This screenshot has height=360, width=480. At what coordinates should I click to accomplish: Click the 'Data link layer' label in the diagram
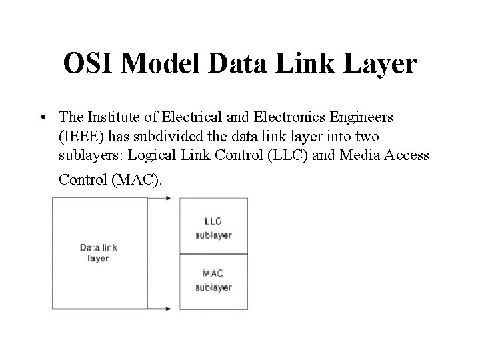click(x=99, y=253)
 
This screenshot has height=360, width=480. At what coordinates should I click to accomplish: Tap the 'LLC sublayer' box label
click(x=213, y=227)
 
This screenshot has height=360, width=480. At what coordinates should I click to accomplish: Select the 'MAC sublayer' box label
click(x=213, y=280)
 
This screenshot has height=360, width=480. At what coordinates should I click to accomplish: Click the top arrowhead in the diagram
click(x=168, y=198)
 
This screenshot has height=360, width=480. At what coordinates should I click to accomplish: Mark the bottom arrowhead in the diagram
click(x=168, y=309)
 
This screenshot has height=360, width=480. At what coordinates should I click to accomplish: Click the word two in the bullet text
click(x=361, y=137)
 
